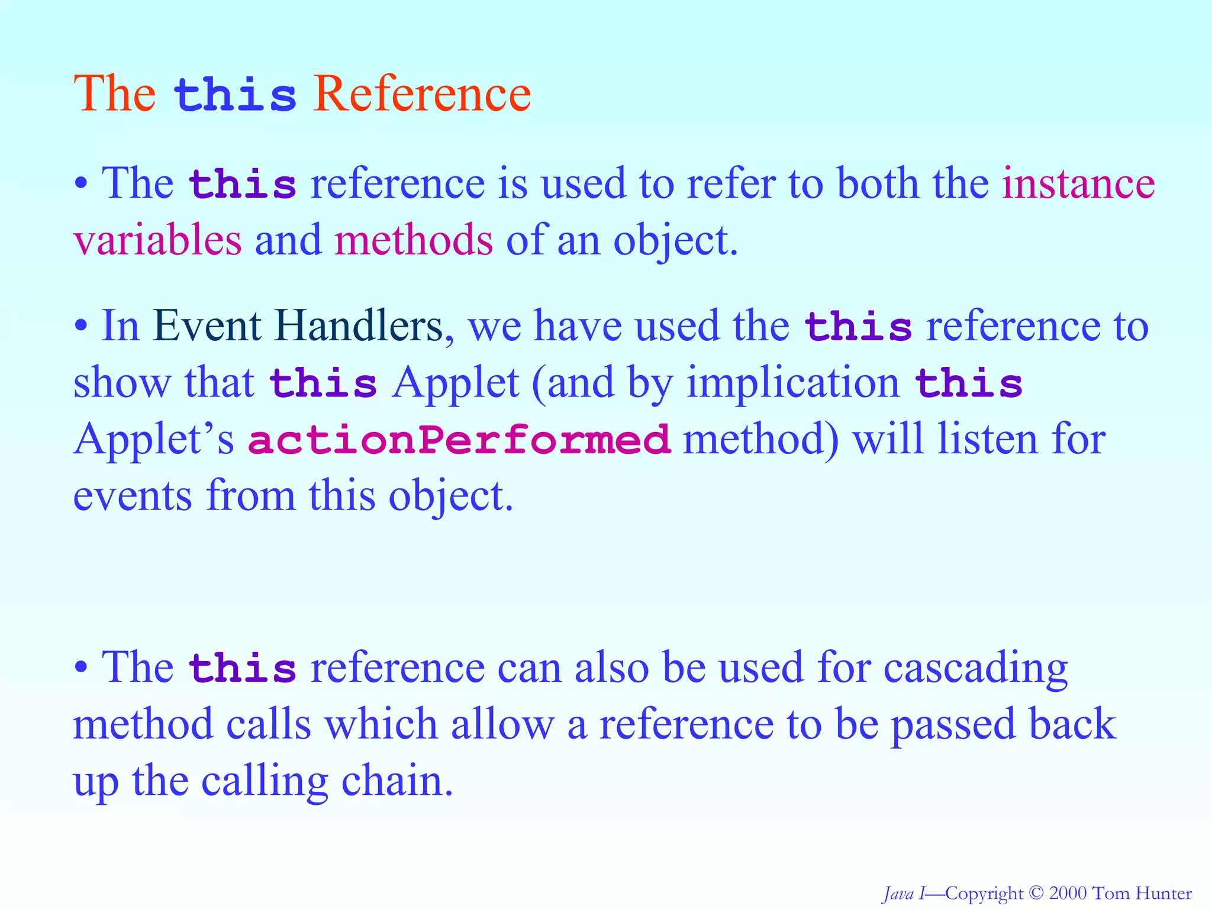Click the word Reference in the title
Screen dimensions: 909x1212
(x=422, y=94)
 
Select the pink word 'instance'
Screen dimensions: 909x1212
(x=1078, y=183)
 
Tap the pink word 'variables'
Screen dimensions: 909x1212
(x=157, y=240)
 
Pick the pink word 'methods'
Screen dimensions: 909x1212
(x=413, y=240)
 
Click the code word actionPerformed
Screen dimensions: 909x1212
(x=459, y=440)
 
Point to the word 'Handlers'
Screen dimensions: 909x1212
(x=358, y=326)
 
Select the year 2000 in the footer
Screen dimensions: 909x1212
(x=1068, y=893)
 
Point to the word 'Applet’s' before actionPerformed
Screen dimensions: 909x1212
(x=154, y=440)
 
